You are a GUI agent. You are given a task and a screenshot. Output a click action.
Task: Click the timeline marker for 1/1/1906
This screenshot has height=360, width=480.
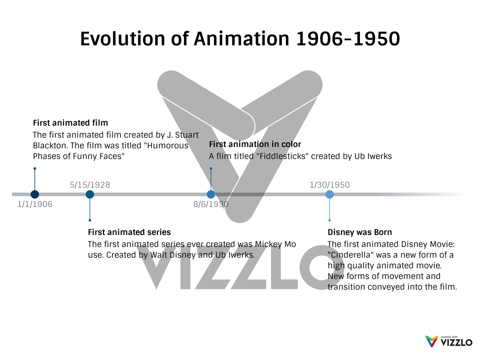[35, 194]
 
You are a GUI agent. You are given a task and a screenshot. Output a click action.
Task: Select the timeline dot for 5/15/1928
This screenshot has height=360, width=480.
[90, 194]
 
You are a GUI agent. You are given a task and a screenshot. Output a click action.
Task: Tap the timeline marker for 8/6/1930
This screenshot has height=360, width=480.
[211, 194]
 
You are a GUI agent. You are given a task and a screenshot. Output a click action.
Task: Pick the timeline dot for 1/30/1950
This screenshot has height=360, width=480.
[329, 194]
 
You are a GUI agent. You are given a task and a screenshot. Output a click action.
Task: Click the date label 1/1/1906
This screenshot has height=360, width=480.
[35, 204]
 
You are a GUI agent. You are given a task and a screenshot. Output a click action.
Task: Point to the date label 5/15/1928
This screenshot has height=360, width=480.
[90, 185]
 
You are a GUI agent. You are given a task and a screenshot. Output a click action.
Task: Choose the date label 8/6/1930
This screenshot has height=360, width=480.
[211, 204]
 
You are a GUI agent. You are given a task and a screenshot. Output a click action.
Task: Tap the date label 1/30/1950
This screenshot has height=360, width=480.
[330, 185]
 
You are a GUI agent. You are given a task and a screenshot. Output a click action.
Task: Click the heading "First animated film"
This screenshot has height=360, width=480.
[70, 123]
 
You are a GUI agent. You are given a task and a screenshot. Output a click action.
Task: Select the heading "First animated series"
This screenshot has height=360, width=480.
[129, 232]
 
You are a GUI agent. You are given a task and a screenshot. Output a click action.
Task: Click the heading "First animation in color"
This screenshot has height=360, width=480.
[255, 144]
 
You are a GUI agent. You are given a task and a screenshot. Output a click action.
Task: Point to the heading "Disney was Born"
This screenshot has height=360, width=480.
[360, 232]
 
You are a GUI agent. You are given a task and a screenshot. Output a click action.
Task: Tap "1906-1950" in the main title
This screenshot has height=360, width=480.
[348, 39]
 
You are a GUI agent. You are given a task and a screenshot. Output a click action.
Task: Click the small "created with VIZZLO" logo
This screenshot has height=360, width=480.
[449, 341]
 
